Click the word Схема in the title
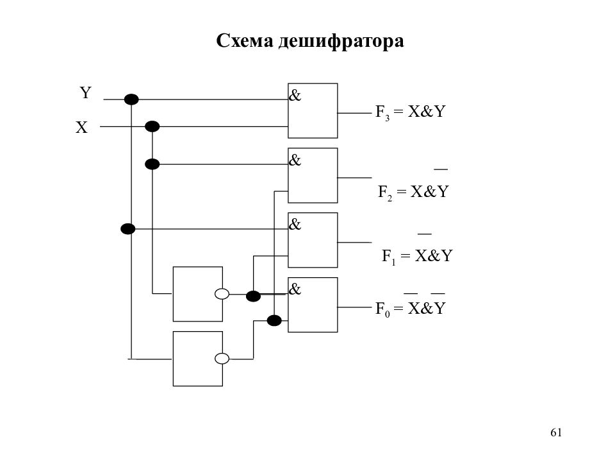tap(244, 41)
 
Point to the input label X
tap(82, 128)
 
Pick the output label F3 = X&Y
tap(410, 112)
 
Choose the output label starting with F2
tap(413, 191)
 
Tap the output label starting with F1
tap(417, 256)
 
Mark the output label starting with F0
tap(410, 308)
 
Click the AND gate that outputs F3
tap(313, 111)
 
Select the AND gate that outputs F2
tap(313, 175)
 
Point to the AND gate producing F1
tap(313, 240)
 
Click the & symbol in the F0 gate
tap(295, 289)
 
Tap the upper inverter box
tap(198, 293)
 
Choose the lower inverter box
tap(198, 358)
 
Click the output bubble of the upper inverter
tap(222, 294)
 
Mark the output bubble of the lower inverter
tap(222, 359)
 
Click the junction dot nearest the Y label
tap(131, 99)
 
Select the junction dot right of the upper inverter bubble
tap(254, 296)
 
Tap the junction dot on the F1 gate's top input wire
tap(128, 228)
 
